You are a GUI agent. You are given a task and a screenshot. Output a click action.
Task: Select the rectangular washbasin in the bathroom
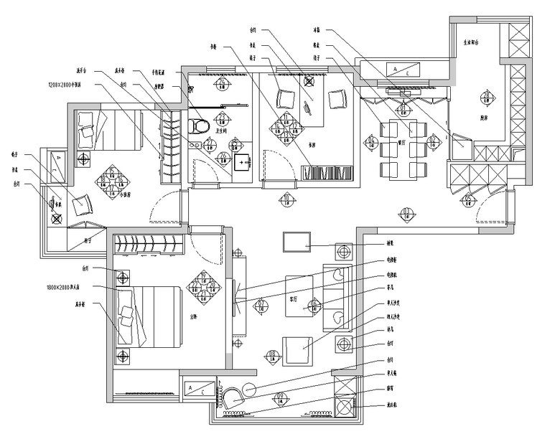(x=241, y=162)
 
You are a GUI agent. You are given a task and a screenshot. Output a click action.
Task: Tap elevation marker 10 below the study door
(x=286, y=199)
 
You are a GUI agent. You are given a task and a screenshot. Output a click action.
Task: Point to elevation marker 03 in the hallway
(x=406, y=213)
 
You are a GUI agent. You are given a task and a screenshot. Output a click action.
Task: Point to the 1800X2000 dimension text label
(x=66, y=286)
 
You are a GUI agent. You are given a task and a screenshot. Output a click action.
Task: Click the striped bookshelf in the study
(x=327, y=174)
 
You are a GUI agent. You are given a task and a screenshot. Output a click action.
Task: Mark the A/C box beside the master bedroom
(x=198, y=387)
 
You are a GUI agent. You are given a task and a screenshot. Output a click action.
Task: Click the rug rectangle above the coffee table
(x=297, y=242)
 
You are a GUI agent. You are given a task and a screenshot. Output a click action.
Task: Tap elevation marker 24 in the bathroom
(x=223, y=85)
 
